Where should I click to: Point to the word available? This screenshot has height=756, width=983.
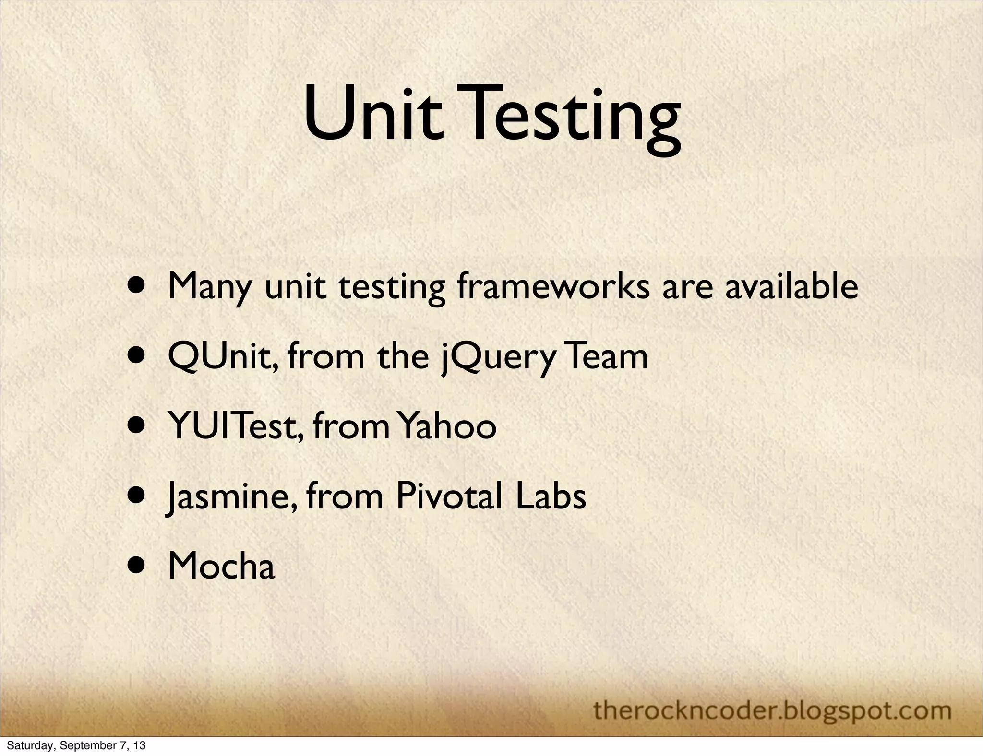pyautogui.click(x=791, y=287)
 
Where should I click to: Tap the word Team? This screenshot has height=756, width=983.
pyautogui.click(x=606, y=357)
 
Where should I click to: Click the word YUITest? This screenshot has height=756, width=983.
pyautogui.click(x=236, y=427)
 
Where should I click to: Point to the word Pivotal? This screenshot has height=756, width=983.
pyautogui.click(x=450, y=496)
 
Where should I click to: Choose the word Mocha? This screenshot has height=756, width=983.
pyautogui.click(x=222, y=566)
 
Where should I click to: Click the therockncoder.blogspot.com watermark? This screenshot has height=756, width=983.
pyautogui.click(x=772, y=710)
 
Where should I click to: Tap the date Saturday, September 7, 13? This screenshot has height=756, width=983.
pyautogui.click(x=76, y=746)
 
